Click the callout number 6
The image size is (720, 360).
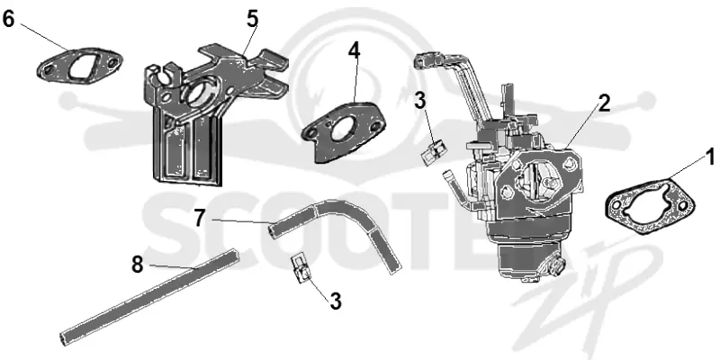click(9, 19)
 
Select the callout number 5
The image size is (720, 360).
click(253, 19)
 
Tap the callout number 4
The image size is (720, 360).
click(354, 51)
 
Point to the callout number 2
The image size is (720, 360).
click(604, 103)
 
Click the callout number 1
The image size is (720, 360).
click(710, 157)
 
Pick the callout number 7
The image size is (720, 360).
click(198, 218)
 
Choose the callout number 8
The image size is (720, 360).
click(138, 265)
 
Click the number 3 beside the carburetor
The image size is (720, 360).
click(420, 101)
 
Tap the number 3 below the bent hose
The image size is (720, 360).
click(336, 301)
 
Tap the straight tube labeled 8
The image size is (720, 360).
click(149, 297)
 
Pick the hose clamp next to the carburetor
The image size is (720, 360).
click(432, 152)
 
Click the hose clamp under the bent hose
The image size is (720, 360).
click(301, 269)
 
